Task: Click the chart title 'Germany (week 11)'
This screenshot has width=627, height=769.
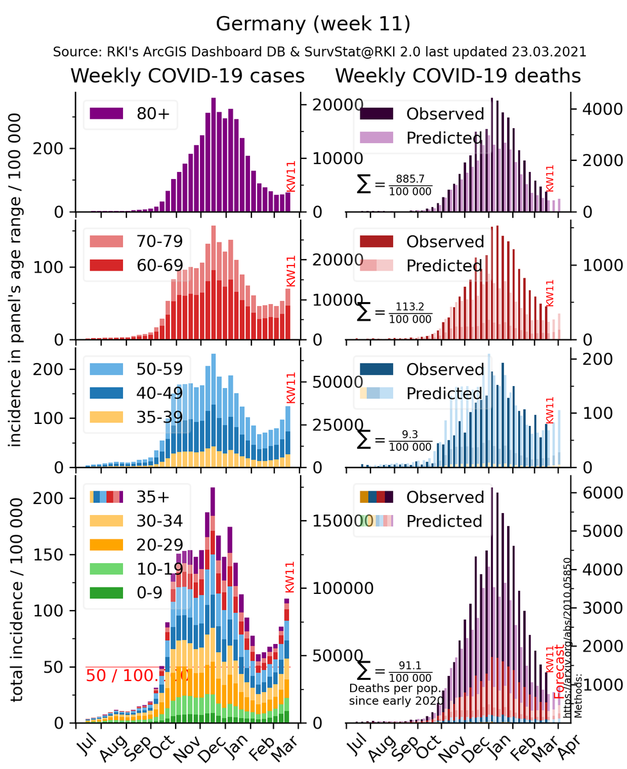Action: point(313,24)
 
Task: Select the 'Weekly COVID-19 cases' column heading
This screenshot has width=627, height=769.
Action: point(187,76)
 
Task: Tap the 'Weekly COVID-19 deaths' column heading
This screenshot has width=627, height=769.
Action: point(458,76)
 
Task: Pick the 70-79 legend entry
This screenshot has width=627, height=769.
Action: point(160,241)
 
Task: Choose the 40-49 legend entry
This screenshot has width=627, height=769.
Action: point(160,393)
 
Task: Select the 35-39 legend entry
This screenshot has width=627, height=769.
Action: point(160,416)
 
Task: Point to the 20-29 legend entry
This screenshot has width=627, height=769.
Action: point(160,544)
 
